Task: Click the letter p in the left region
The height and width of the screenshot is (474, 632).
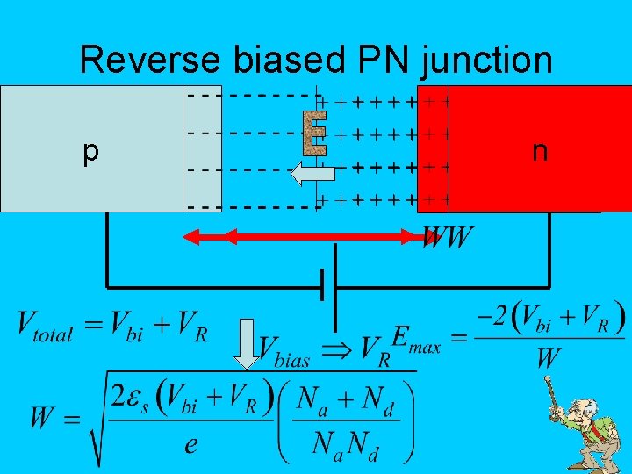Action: (x=90, y=152)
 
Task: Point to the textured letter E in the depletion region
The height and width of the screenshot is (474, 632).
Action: (x=313, y=132)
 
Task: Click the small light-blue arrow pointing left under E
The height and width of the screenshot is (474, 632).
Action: (x=307, y=174)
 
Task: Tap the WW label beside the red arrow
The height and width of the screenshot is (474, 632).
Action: (x=449, y=237)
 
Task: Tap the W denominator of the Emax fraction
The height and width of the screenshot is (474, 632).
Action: (x=549, y=358)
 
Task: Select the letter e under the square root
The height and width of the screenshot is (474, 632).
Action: (x=190, y=444)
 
